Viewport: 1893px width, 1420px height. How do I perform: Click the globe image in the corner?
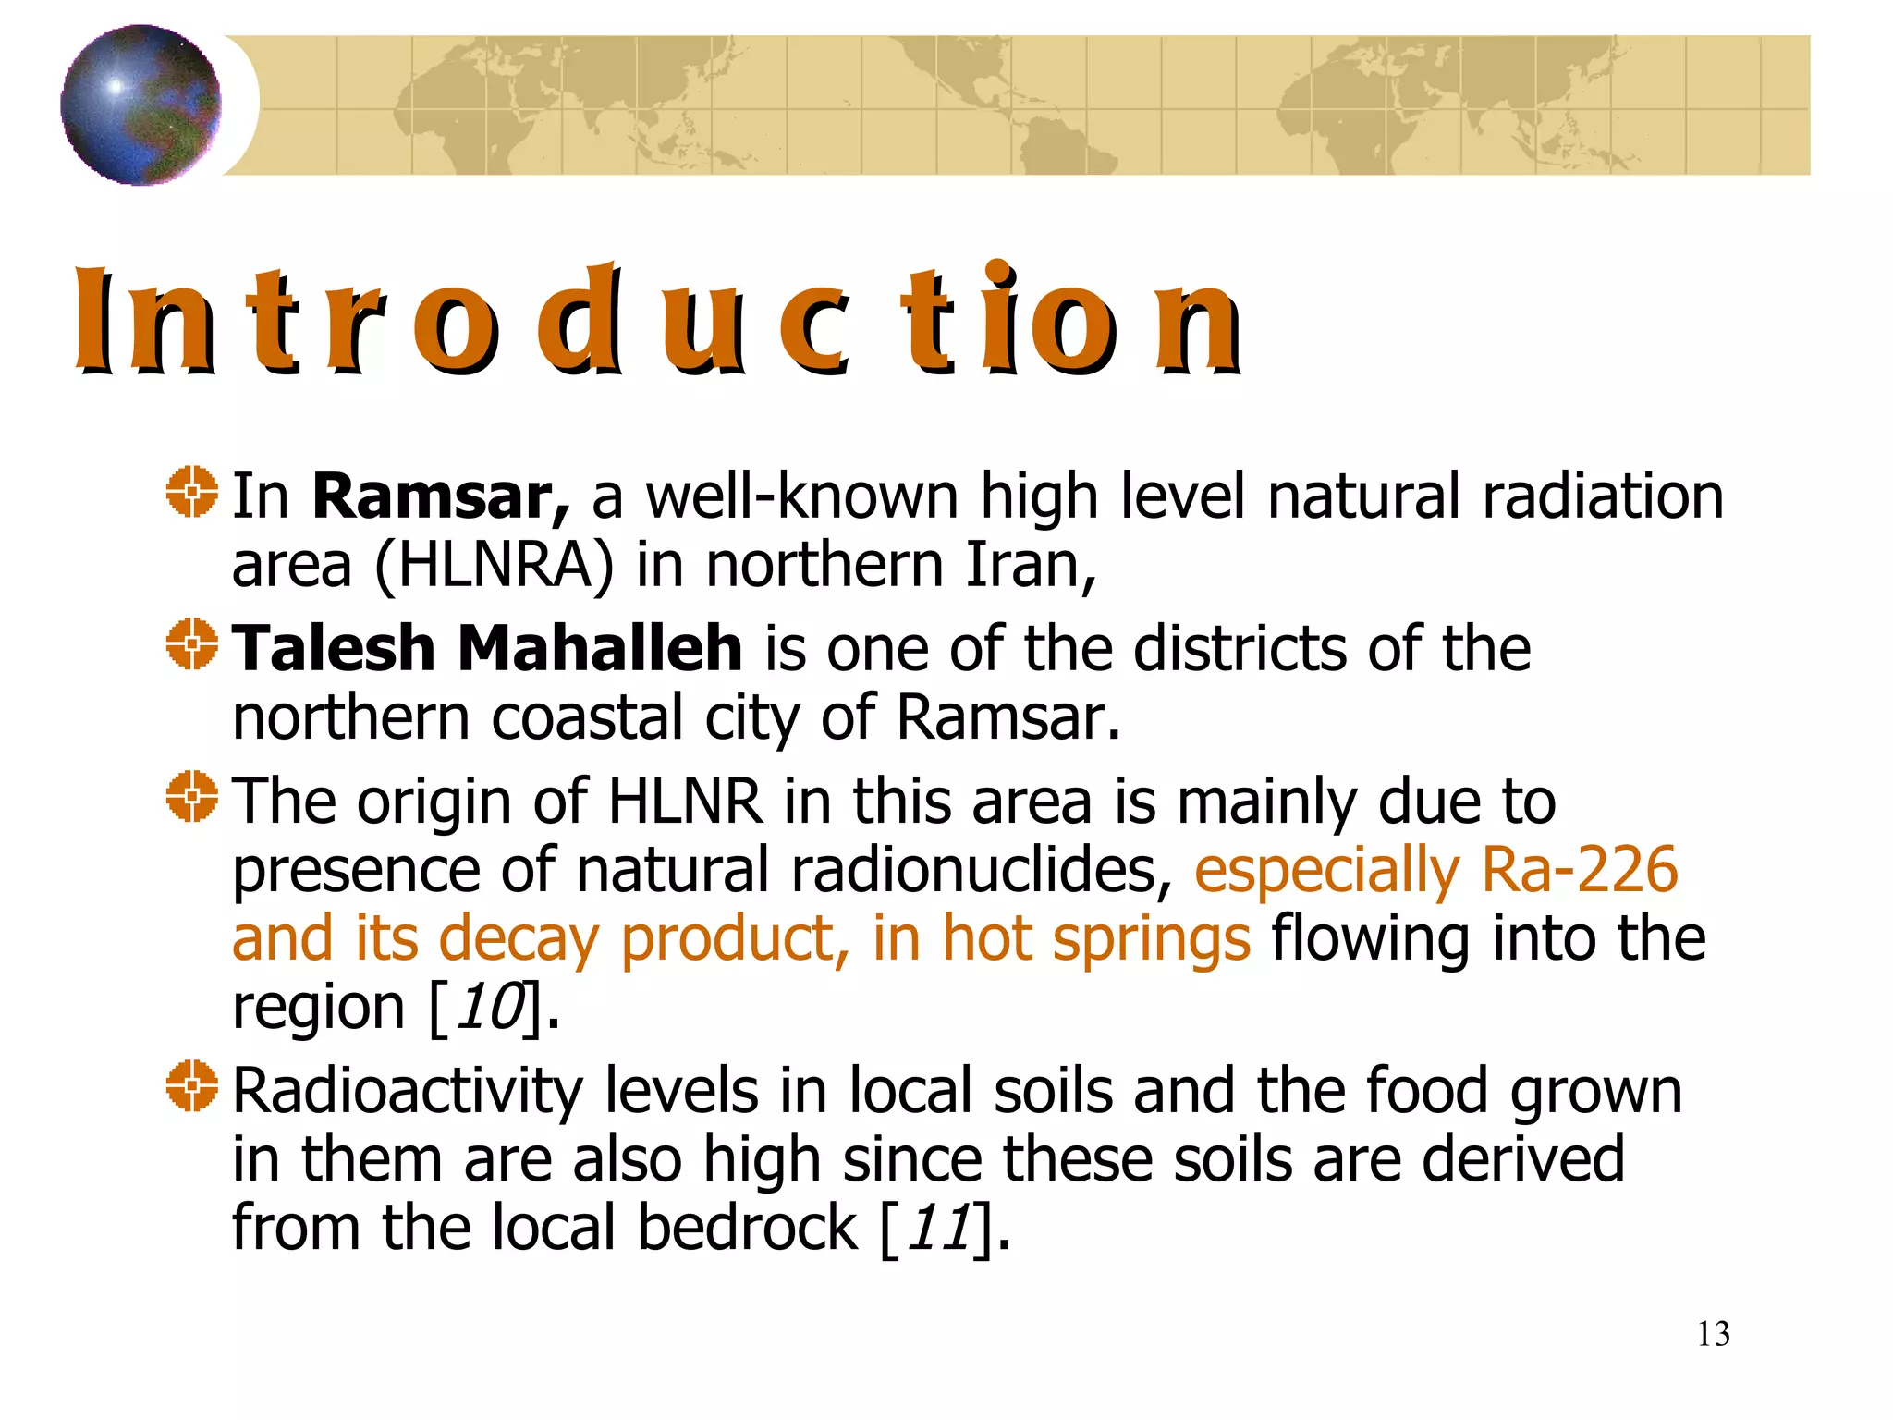tap(140, 104)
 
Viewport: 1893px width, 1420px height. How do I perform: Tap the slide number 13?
tap(1713, 1334)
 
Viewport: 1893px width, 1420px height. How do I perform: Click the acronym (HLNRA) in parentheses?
tap(494, 565)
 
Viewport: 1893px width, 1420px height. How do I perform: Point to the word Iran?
tap(1031, 565)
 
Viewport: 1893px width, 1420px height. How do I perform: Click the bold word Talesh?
tap(333, 648)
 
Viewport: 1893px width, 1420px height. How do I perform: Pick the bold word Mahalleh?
tap(600, 648)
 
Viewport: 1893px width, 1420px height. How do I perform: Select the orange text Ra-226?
tap(1579, 870)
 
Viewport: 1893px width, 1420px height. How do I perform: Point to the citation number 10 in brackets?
tap(490, 1007)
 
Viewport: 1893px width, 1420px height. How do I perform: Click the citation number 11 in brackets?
tap(939, 1228)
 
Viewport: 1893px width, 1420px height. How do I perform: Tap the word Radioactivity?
tap(407, 1092)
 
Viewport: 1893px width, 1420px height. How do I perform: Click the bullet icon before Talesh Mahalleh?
tap(192, 644)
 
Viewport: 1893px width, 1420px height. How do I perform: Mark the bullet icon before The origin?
tap(192, 796)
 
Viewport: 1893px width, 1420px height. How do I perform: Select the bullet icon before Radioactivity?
tap(192, 1086)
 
